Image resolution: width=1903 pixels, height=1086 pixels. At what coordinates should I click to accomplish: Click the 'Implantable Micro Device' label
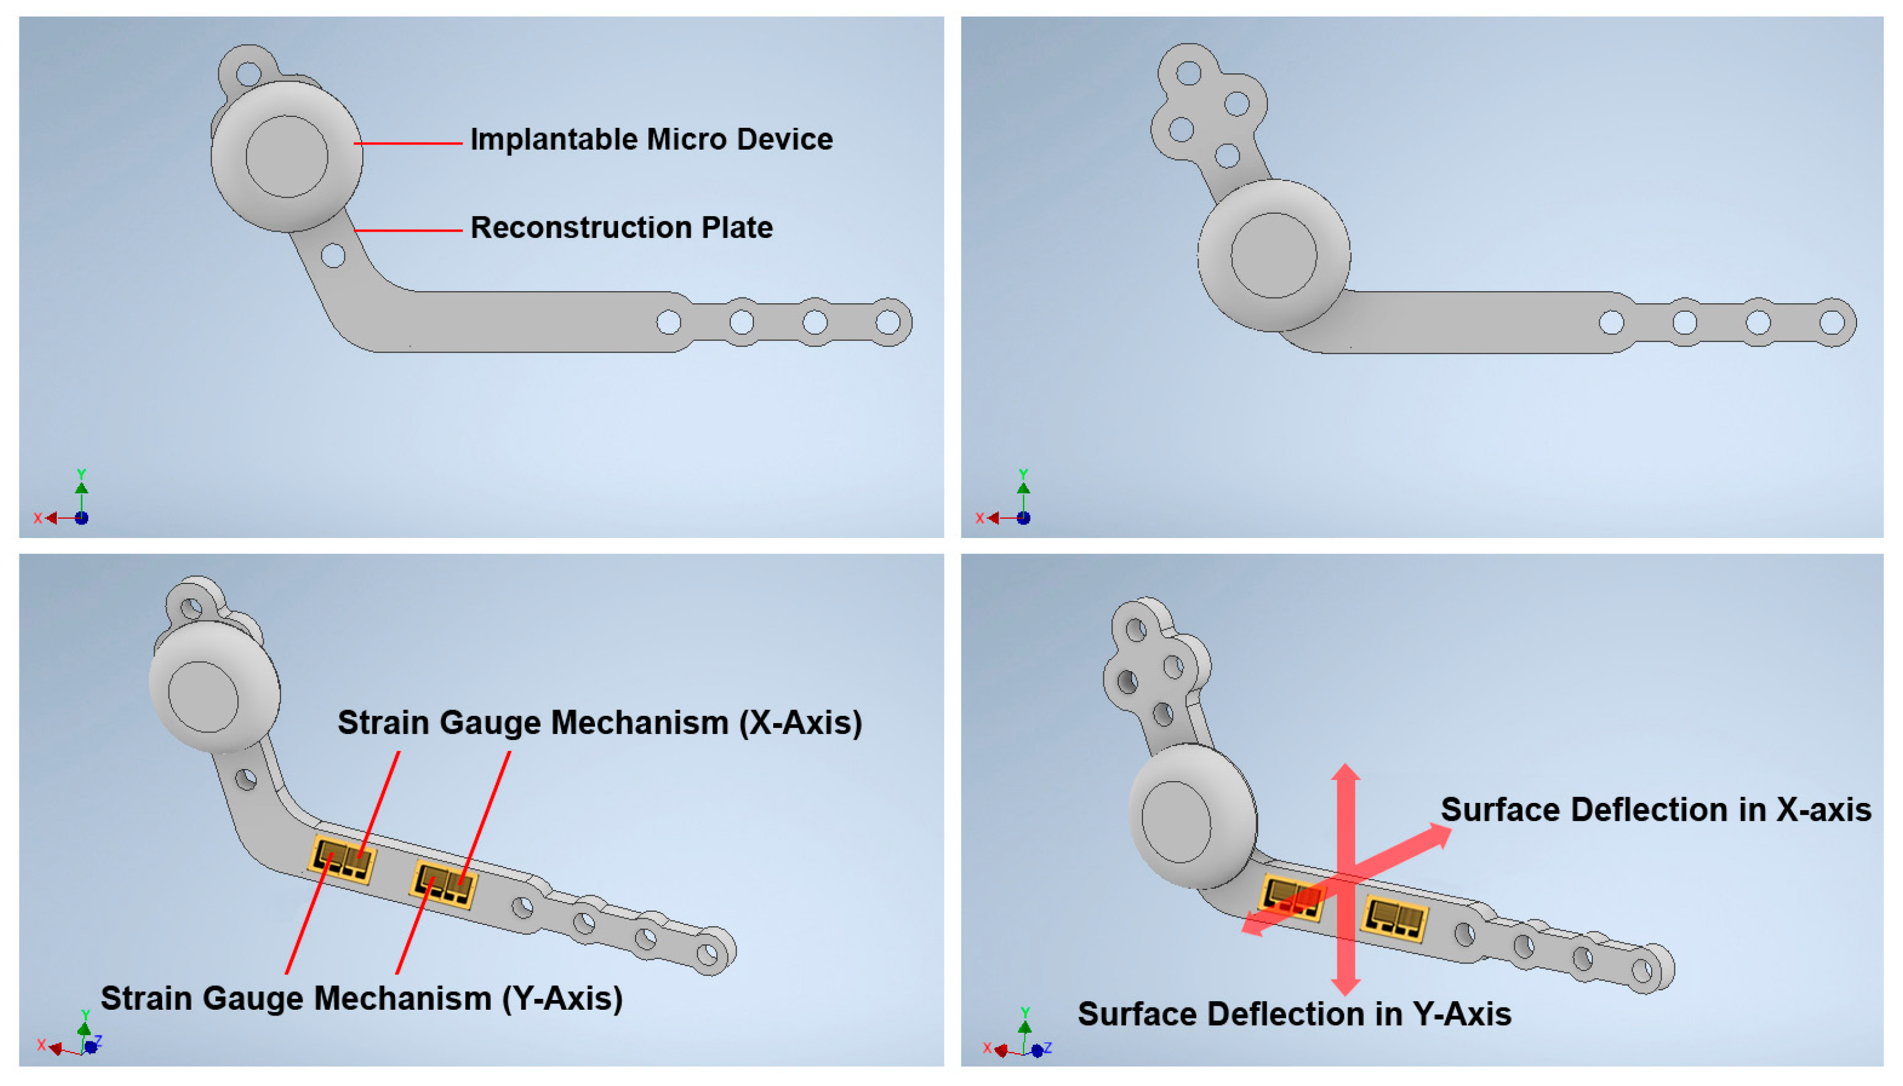coord(651,139)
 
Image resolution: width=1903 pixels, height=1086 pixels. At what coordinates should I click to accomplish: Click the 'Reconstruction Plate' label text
coord(621,228)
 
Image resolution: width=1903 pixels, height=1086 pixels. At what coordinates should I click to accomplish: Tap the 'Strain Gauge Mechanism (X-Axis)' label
coord(599,722)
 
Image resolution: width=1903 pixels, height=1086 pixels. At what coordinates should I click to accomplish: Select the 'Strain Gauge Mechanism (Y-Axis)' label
coord(362,997)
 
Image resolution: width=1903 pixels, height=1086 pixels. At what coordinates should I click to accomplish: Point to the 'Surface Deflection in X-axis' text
coord(1655,809)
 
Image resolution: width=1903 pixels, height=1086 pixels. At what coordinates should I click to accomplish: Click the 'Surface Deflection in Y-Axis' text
coord(1294,1014)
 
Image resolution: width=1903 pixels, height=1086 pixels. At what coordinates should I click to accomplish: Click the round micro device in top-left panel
coord(287,156)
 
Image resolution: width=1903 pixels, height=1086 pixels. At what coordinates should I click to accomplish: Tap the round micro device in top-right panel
coord(1274,255)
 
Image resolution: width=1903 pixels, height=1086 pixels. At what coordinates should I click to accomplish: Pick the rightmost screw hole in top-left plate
coord(888,322)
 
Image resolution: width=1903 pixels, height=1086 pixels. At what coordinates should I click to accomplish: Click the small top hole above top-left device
coord(248,74)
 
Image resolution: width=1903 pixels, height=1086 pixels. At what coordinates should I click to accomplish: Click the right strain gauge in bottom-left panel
coord(443,885)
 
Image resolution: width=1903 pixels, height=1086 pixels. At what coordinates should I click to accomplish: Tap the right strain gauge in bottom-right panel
coord(1393,918)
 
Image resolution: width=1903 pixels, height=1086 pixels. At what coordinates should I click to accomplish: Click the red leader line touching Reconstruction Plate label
coord(408,230)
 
